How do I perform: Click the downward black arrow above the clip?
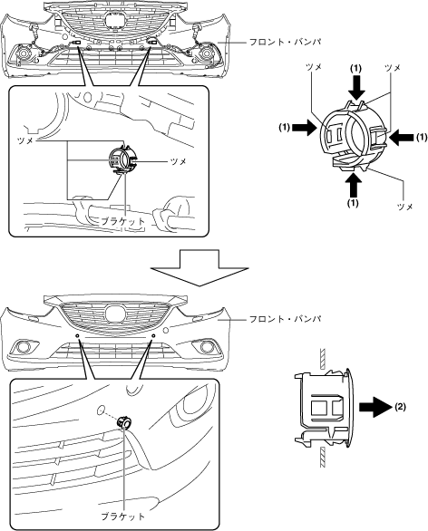(355, 87)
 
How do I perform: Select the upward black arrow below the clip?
(354, 185)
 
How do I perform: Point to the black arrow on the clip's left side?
(304, 127)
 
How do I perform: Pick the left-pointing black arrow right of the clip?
(401, 137)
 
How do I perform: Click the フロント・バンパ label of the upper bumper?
(285, 43)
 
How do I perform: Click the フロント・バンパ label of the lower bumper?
(285, 319)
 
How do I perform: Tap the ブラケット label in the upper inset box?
(123, 222)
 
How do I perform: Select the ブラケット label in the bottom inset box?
(123, 517)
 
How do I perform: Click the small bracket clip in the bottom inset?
(124, 422)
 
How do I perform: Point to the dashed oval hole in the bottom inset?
(101, 410)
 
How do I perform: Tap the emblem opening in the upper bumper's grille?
(114, 21)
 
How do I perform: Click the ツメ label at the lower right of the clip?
(404, 207)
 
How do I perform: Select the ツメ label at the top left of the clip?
(314, 67)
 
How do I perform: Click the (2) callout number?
(400, 407)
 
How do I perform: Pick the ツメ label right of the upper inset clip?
(179, 161)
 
